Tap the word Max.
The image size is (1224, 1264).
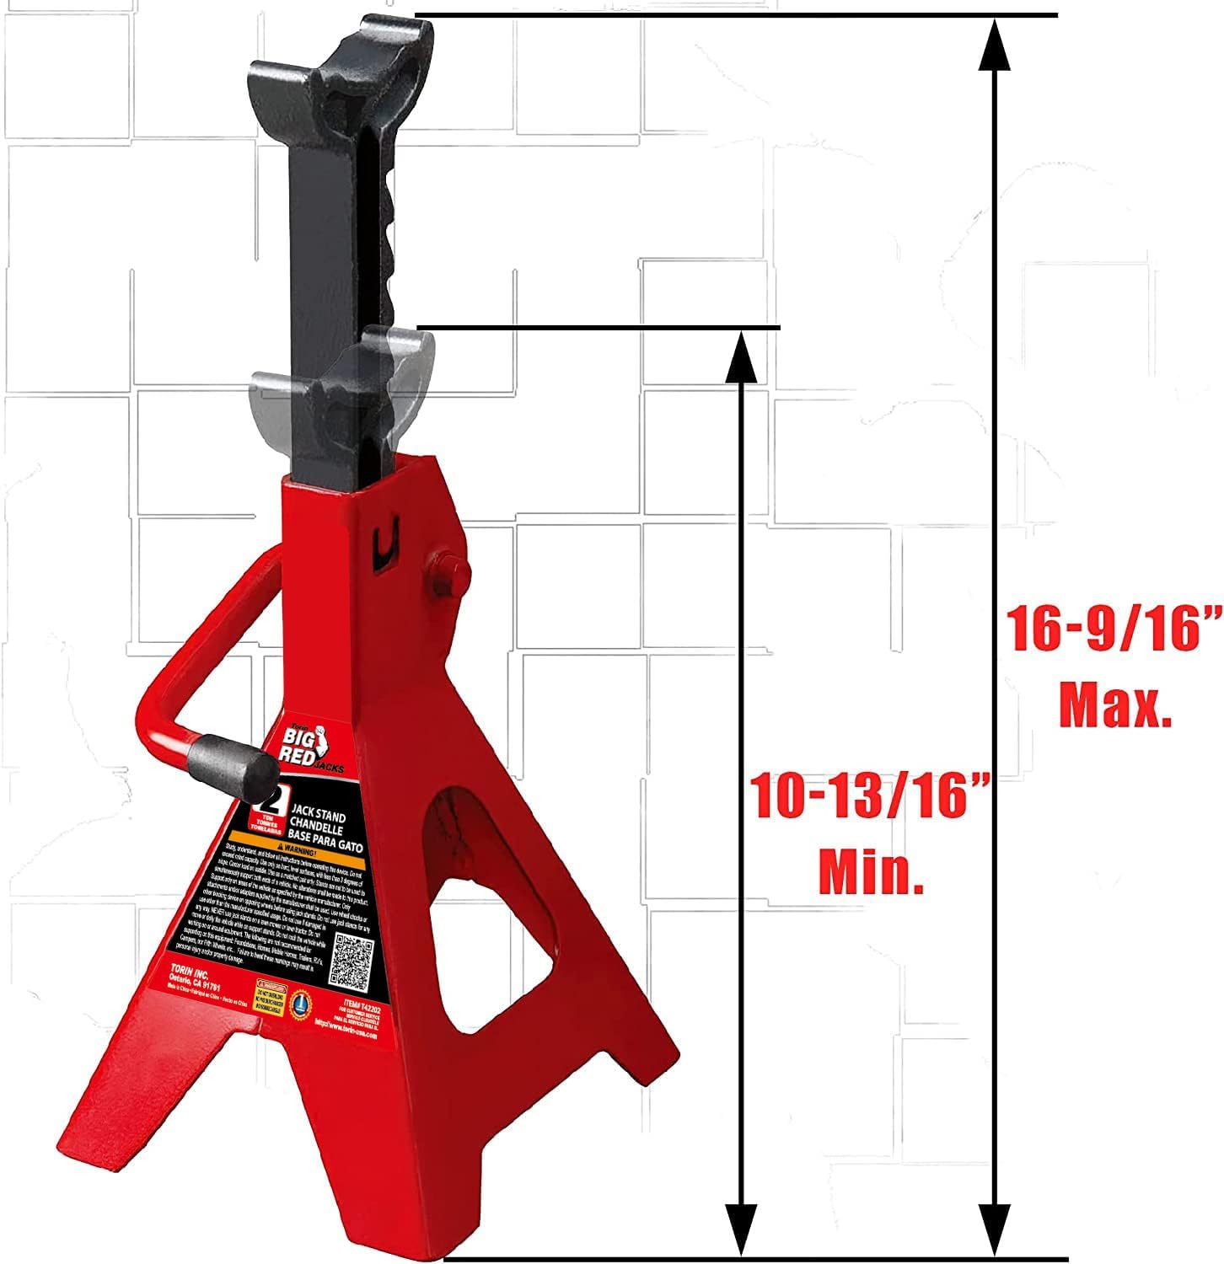(1114, 706)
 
